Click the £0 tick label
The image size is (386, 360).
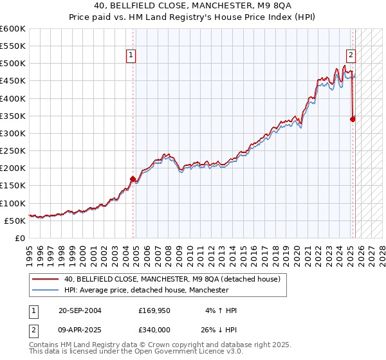pyautogui.click(x=20, y=238)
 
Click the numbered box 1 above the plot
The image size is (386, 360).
pyautogui.click(x=131, y=55)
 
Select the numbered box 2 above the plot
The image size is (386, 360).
pyautogui.click(x=351, y=55)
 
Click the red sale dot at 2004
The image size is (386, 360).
pyautogui.click(x=133, y=179)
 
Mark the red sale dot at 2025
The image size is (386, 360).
pyautogui.click(x=353, y=119)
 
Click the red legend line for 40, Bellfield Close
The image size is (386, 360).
pyautogui.click(x=45, y=280)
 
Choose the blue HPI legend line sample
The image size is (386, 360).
pyautogui.click(x=45, y=291)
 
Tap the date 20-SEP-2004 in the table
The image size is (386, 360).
pyautogui.click(x=80, y=310)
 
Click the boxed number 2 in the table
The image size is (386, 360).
pyautogui.click(x=33, y=329)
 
